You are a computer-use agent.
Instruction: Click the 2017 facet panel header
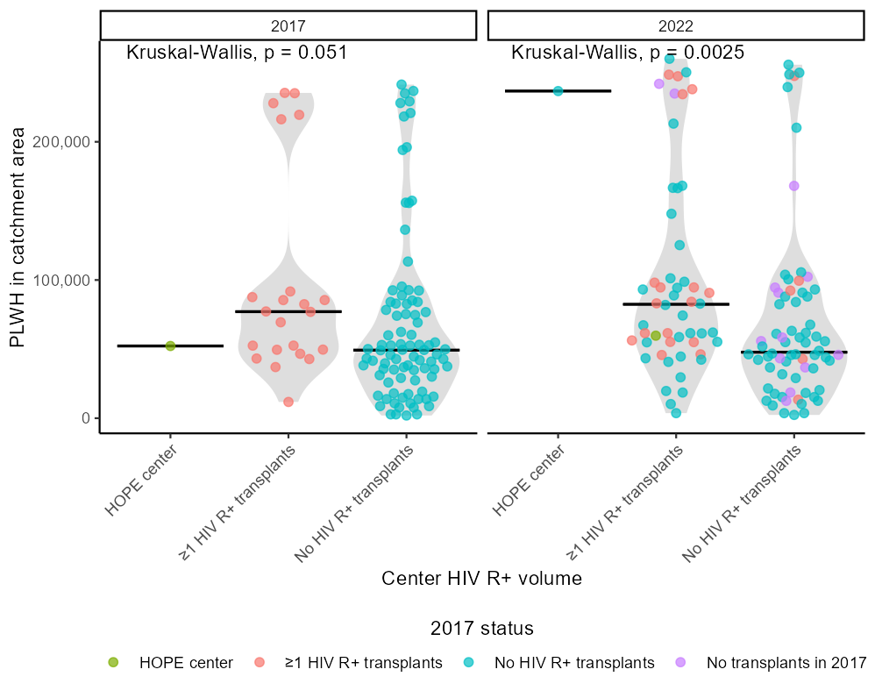point(288,25)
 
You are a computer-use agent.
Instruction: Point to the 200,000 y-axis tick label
point(63,142)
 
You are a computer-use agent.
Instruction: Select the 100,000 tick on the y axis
point(63,281)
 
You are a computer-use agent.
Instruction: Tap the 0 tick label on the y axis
point(85,418)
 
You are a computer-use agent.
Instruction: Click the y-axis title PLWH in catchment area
point(18,246)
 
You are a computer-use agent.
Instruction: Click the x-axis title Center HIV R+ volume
point(481,579)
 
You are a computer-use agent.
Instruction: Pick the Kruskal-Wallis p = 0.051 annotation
point(237,53)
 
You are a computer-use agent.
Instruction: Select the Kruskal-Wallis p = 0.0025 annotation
point(627,53)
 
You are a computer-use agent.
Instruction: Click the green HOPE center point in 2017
point(171,346)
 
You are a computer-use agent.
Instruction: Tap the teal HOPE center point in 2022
point(558,91)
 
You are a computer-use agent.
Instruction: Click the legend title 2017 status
point(481,629)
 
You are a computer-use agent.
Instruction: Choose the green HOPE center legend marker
point(112,663)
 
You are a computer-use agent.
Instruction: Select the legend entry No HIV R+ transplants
point(574,663)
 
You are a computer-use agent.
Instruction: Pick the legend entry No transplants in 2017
point(786,663)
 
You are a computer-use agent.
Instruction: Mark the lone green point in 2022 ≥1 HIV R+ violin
point(656,336)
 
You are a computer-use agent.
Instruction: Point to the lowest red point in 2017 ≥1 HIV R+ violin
point(288,402)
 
